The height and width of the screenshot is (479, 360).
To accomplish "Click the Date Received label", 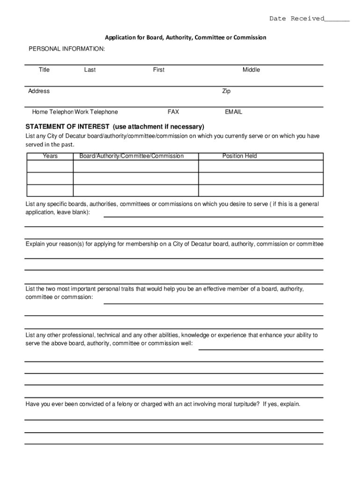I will [296, 19].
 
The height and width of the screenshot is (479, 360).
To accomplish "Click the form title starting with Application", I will [185, 37].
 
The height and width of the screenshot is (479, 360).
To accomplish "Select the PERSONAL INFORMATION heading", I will [67, 49].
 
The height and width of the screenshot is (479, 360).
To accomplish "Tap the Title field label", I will [44, 70].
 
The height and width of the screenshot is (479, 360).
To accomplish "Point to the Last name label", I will [90, 70].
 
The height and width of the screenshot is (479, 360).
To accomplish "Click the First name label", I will [158, 70].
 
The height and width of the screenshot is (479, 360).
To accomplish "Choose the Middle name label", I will [251, 70].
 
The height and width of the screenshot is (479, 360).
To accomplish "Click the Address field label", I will [39, 91].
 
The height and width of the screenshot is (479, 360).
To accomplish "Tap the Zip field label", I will [226, 91].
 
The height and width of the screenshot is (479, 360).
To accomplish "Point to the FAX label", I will [173, 112].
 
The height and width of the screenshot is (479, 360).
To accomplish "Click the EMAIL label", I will [233, 112].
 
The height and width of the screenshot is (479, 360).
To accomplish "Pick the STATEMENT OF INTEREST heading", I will [115, 127].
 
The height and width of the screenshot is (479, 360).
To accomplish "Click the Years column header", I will [50, 156].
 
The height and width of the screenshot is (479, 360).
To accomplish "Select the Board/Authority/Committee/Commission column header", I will [131, 156].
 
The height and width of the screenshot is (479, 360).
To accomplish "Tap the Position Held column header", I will [239, 156].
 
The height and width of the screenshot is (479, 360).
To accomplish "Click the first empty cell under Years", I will [50, 167].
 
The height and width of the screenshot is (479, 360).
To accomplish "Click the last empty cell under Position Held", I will [261, 190].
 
